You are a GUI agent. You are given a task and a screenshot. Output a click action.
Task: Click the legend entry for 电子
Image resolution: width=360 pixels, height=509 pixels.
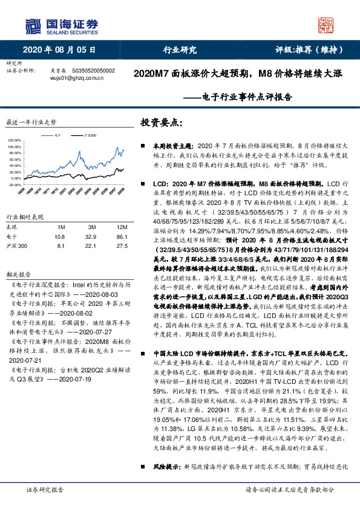coord(58,137)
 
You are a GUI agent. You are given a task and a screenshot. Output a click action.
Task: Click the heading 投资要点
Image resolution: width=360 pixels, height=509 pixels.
coord(160,123)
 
